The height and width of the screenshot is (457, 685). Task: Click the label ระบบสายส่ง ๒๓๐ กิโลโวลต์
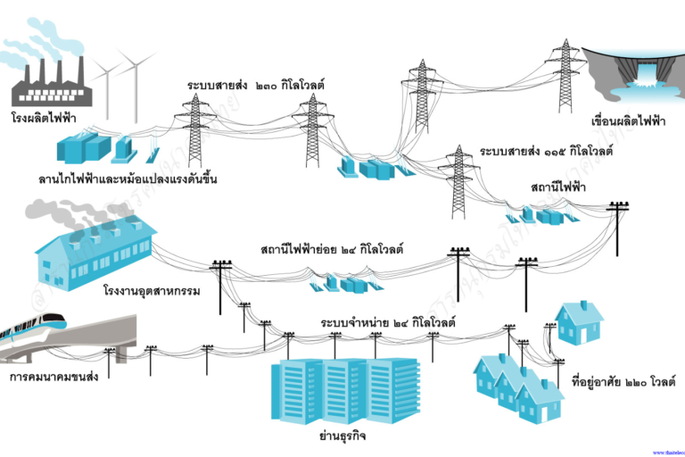[x=255, y=85]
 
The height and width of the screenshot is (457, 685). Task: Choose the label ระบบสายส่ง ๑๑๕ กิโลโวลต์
[x=546, y=151]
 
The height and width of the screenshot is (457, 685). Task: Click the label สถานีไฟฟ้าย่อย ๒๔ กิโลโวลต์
[x=332, y=249]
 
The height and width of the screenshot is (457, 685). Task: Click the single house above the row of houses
[x=580, y=322]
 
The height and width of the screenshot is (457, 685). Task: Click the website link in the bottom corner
[x=668, y=453]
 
